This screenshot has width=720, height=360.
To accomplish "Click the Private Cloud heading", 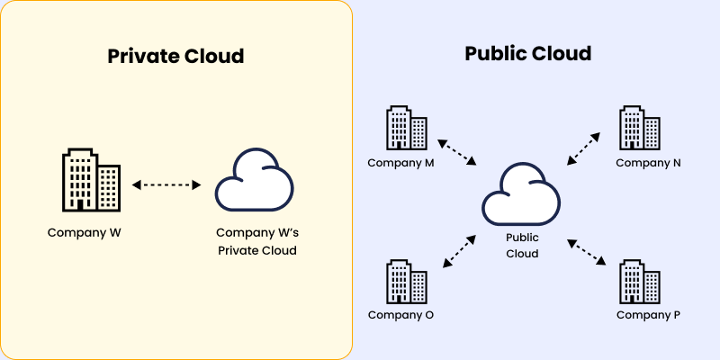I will [175, 56].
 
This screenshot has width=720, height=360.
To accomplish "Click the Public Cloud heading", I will [527, 53].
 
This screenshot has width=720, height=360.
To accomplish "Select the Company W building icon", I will [90, 180].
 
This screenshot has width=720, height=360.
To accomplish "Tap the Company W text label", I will [85, 232].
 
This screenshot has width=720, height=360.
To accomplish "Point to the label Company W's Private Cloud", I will [256, 241].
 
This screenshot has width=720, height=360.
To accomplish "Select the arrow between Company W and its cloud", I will [166, 184].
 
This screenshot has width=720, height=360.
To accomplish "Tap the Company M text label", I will [400, 163].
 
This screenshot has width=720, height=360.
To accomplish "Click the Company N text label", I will [648, 163].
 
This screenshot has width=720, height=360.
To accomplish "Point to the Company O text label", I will [400, 315].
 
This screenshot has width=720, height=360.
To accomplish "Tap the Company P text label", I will [648, 315].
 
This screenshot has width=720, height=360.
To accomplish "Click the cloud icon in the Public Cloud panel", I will [521, 194].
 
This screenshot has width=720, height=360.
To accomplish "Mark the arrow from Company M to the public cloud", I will [456, 152].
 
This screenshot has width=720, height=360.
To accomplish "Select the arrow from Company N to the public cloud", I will [583, 148].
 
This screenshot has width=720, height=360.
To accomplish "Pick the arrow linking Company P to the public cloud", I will [586, 251].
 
